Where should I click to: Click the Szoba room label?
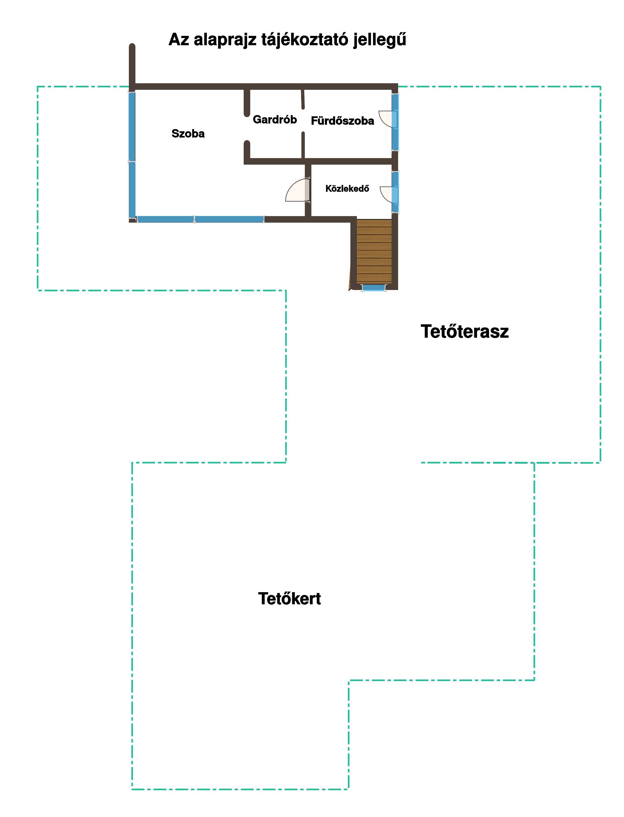click(x=188, y=134)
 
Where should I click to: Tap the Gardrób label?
click(x=275, y=119)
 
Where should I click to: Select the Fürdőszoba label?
click(x=343, y=121)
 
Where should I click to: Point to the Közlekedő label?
click(x=347, y=189)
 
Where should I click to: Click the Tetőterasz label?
click(x=465, y=331)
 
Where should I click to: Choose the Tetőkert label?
click(x=289, y=599)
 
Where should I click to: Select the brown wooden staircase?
click(x=374, y=251)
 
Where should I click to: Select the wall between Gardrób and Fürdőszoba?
click(x=303, y=123)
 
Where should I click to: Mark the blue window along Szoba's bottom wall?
click(x=201, y=220)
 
